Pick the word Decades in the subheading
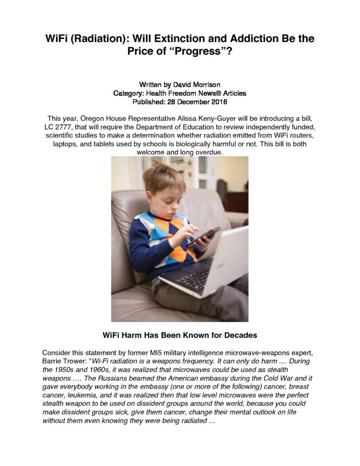[237, 335]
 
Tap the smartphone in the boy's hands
[203, 236]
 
